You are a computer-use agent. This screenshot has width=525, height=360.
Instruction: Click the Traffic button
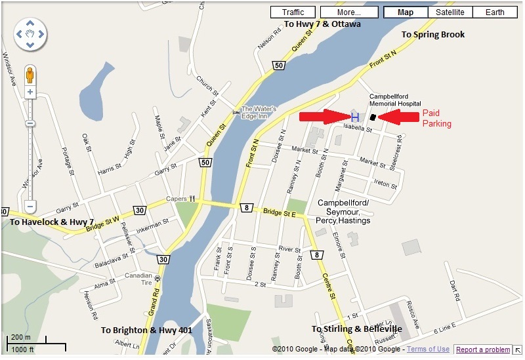(x=293, y=12)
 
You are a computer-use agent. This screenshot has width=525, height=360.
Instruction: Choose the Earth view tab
(x=495, y=12)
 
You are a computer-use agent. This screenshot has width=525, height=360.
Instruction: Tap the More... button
(x=349, y=12)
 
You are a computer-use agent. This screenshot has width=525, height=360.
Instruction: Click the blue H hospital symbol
(x=354, y=117)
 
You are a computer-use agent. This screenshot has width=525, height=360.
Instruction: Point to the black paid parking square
(x=373, y=117)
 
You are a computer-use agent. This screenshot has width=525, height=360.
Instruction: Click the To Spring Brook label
(x=432, y=34)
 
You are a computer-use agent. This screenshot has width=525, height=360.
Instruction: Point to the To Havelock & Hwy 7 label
(x=52, y=222)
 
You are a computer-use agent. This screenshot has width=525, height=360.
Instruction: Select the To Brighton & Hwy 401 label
(x=146, y=330)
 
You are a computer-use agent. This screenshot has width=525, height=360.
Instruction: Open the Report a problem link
(x=482, y=350)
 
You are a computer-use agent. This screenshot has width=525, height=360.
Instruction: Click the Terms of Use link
(x=428, y=350)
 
